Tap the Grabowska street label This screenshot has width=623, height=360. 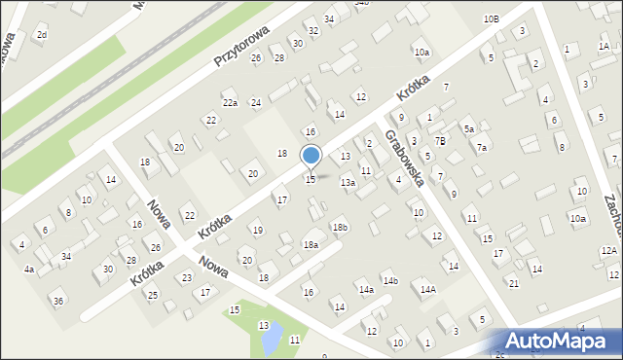coord(404,159)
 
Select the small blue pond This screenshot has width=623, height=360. coord(273,336)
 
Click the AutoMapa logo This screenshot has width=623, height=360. coord(559,342)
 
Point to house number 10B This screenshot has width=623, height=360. coord(491,19)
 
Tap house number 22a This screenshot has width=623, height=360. coord(230,102)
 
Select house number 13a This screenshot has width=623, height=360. coord(348,183)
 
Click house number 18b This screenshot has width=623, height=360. coord(340,228)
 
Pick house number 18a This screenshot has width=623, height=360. coord(311,245)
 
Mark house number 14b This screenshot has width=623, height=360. coord(390,281)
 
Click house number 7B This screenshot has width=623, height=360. coord(440,141)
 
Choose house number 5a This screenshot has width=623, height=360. coord(468,128)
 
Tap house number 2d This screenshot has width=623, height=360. coord(41,35)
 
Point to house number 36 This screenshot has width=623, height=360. coord(58,301)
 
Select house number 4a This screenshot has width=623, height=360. coord(29,269)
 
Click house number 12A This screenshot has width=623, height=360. coord(608,251)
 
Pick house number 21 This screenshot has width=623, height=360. coord(513,283)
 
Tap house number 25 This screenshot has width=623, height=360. coord(152,295)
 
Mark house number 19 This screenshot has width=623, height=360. coord(257,231)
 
